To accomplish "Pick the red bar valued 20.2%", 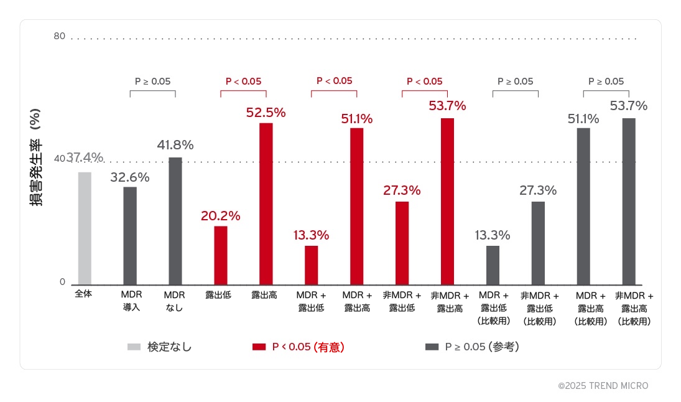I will (221, 255).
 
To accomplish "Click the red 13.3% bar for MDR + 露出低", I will (311, 265).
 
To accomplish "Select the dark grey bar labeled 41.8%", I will (175, 221).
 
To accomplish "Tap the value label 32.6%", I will (130, 177).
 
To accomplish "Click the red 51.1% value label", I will (356, 119).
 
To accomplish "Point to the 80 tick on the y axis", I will (59, 36).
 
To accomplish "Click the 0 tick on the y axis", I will (62, 282).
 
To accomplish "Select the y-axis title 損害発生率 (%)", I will (35, 158).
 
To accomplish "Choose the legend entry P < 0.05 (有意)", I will (308, 347).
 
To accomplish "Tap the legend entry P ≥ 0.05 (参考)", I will (481, 347).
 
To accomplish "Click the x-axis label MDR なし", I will (174, 301).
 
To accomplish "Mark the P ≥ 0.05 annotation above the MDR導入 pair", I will (152, 81).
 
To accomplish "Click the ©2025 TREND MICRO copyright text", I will (603, 386).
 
